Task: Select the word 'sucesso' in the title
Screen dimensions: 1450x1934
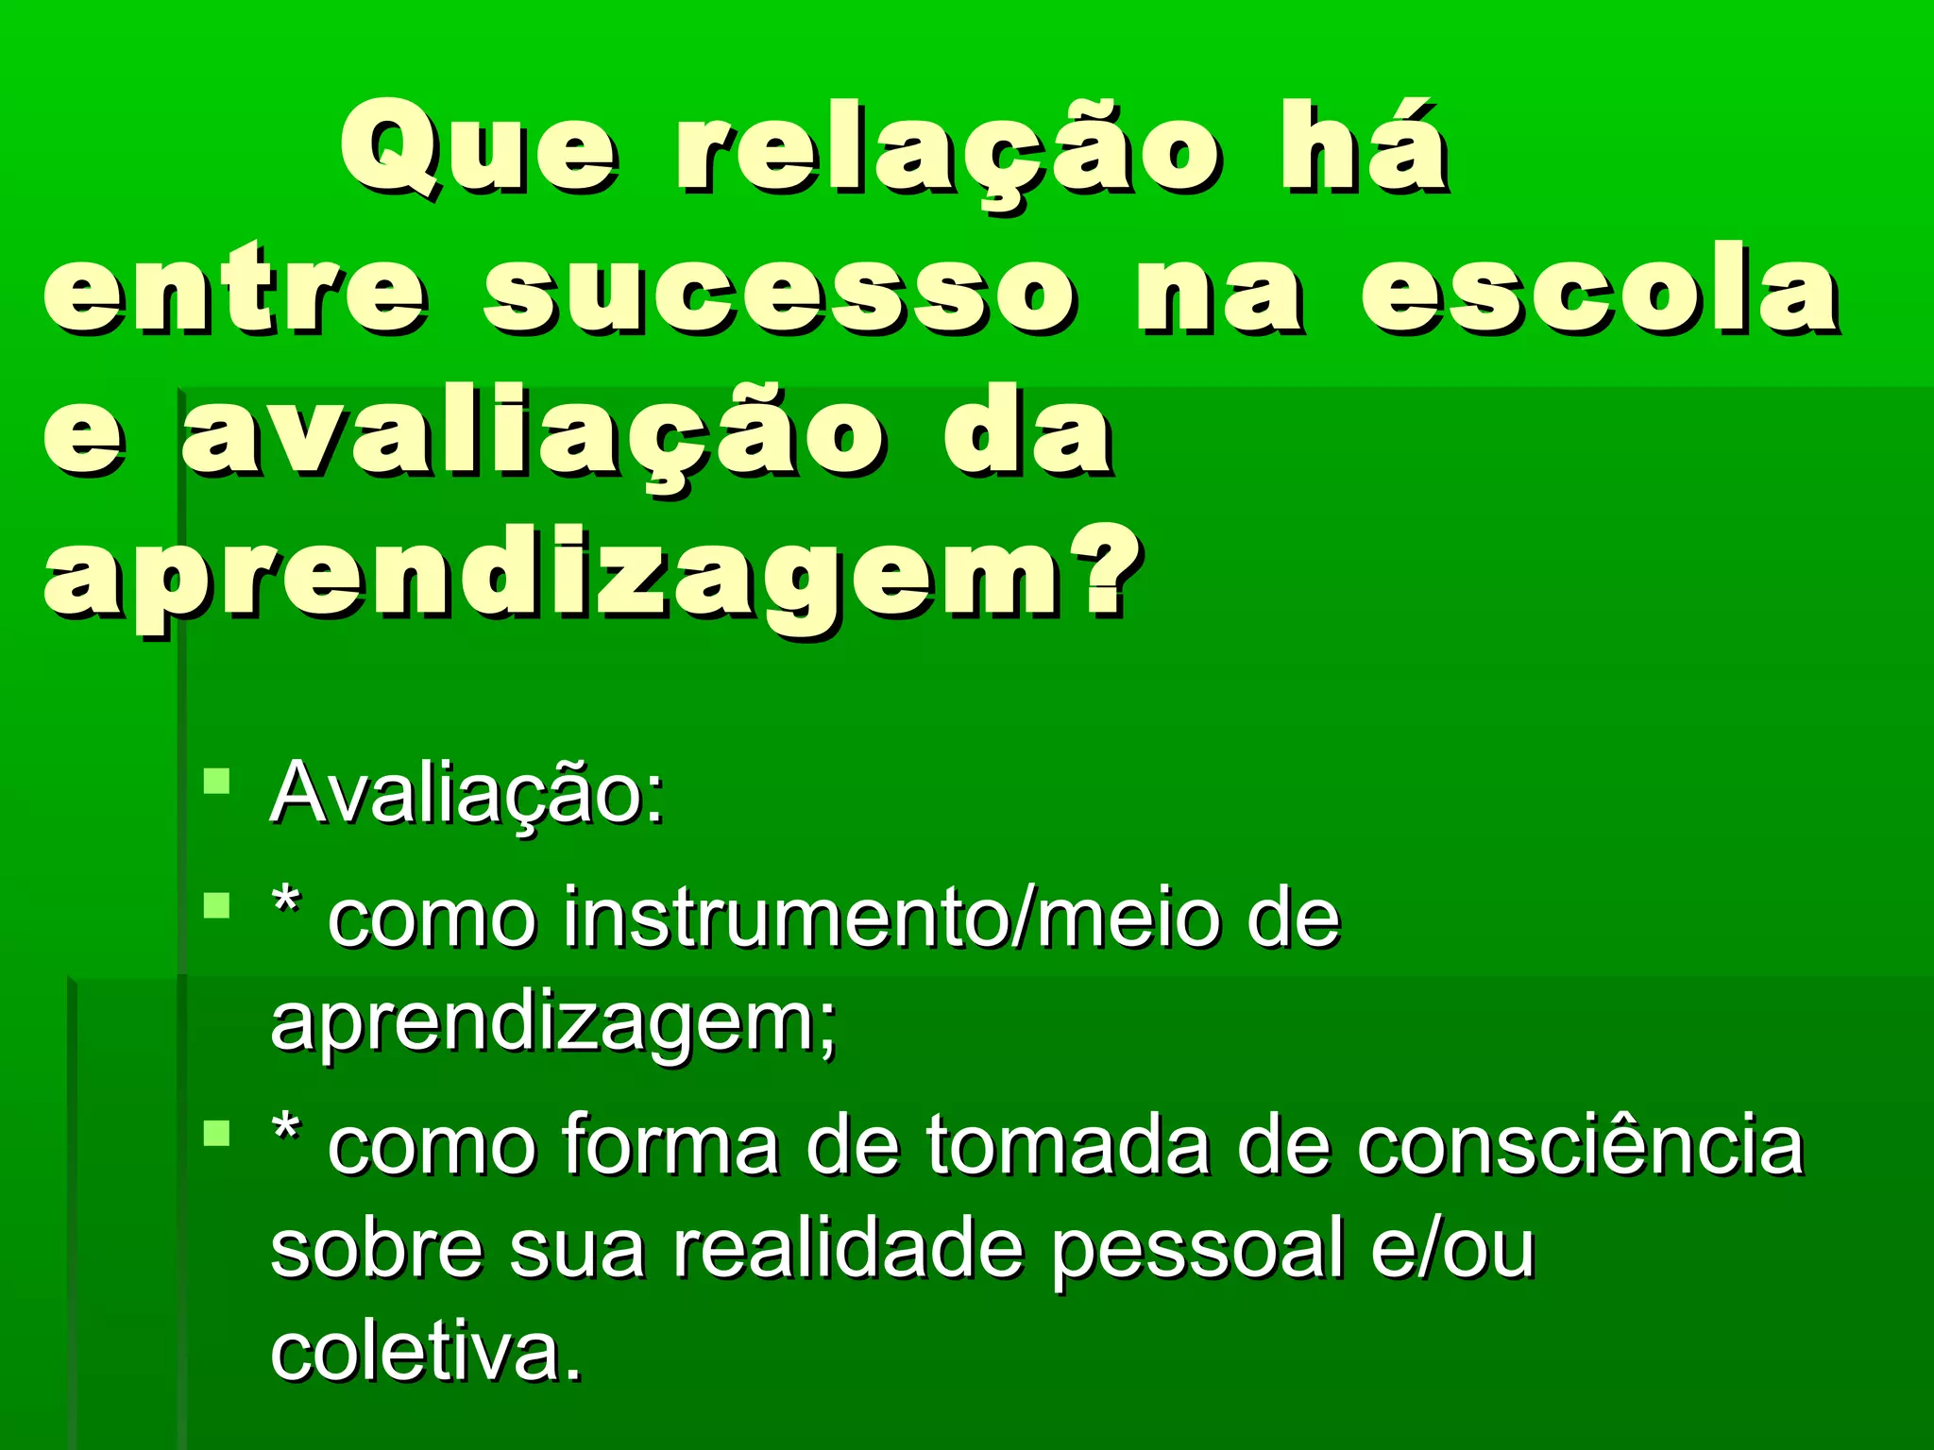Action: point(779,291)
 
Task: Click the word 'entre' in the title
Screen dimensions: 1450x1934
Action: point(236,291)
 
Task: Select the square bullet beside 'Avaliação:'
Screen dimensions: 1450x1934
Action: point(217,782)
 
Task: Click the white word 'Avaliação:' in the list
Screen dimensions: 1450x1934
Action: point(467,793)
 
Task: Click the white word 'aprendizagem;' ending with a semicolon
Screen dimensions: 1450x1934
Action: point(553,1024)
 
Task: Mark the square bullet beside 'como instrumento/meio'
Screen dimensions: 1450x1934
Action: point(217,906)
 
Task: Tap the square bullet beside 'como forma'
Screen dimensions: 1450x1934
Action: point(217,1133)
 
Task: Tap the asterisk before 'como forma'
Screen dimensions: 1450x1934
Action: point(286,1129)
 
